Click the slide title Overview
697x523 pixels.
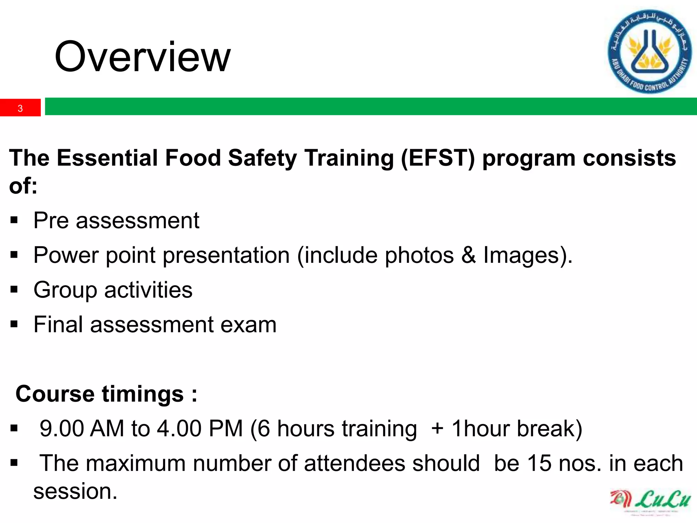coord(142,57)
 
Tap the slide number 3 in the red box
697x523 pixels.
coord(20,108)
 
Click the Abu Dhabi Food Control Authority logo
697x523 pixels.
coord(649,51)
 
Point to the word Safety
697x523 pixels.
coord(262,159)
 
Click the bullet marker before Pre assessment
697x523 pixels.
coord(14,220)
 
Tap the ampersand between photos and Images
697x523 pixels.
coord(468,255)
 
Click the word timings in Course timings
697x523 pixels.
coord(143,394)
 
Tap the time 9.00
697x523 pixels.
coord(61,428)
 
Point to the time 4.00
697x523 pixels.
coord(179,428)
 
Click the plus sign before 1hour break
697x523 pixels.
coord(437,428)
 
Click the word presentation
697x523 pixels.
coord(226,256)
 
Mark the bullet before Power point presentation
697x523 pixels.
coord(14,255)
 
